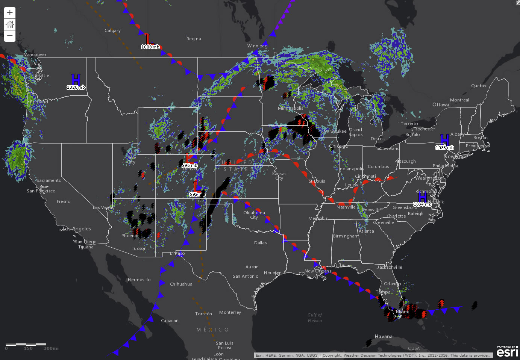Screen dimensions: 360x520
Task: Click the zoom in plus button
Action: tap(10, 12)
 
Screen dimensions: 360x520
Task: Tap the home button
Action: tap(10, 24)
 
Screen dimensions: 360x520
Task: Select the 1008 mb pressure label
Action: tap(150, 47)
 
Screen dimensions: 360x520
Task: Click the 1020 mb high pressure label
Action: tap(76, 87)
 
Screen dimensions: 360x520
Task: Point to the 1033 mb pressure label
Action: tap(444, 148)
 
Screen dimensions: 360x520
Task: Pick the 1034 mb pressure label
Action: tap(422, 204)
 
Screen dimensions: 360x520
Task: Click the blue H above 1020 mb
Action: tap(76, 79)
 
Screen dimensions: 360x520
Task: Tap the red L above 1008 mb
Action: tap(148, 39)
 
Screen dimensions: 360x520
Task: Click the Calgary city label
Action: tap(113, 30)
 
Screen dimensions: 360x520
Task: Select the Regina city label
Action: tap(194, 39)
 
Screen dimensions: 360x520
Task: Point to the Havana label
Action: tap(384, 336)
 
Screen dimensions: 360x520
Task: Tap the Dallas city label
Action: tap(260, 243)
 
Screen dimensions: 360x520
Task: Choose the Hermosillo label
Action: tap(139, 280)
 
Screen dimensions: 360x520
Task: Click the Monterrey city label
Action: tap(230, 312)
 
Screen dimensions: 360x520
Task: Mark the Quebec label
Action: tap(479, 86)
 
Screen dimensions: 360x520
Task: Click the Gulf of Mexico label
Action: tap(315, 318)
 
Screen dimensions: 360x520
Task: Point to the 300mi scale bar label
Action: tap(51, 348)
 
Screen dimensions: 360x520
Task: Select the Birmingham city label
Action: tap(346, 236)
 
